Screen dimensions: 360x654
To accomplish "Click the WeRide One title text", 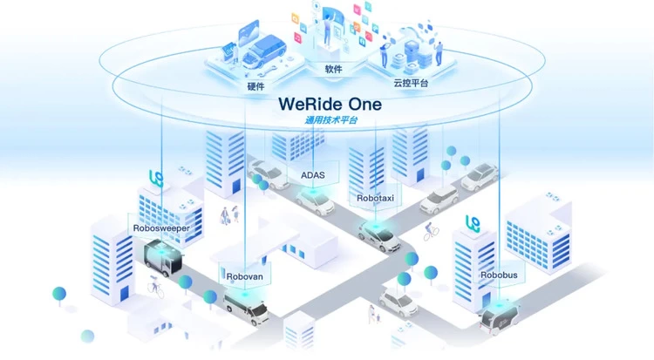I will [330, 103].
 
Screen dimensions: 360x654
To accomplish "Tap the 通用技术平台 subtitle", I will [330, 120].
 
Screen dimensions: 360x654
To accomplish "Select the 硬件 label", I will [256, 86].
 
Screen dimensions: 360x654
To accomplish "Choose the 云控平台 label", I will [410, 83].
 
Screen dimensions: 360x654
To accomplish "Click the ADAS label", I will [312, 175].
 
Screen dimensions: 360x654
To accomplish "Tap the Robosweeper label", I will [161, 228].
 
